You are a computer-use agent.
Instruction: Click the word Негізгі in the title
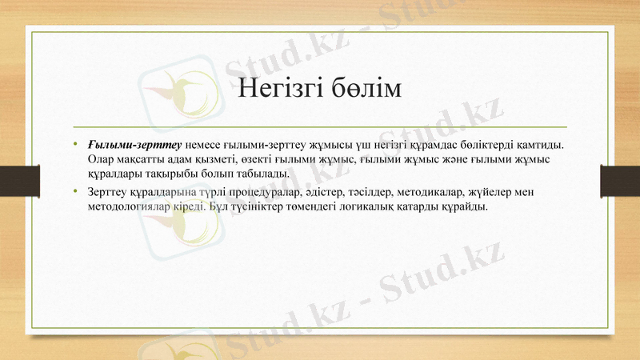[279, 89]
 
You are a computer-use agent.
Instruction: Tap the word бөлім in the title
[367, 89]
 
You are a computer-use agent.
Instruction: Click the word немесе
[204, 145]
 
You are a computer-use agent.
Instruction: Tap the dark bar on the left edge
[14, 180]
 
